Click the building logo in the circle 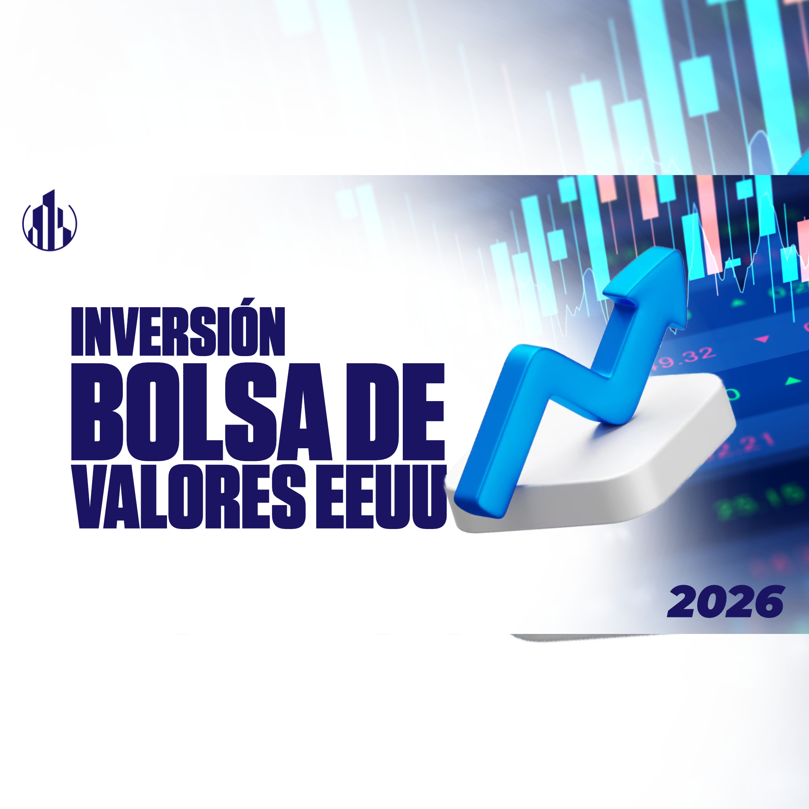50,221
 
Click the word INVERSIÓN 178,332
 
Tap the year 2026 725,602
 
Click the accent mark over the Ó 250,303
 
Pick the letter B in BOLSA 97,412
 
